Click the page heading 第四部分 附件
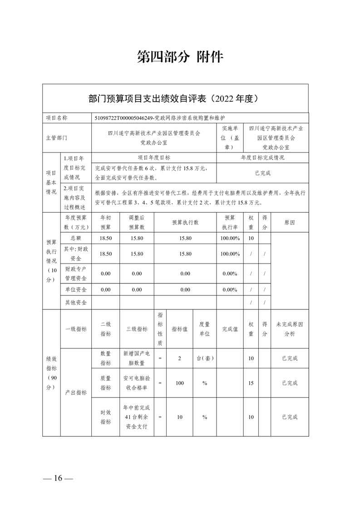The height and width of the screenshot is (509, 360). pyautogui.click(x=180, y=57)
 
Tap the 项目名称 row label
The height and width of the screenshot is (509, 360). pyautogui.click(x=57, y=117)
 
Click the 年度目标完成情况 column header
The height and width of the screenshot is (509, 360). pyautogui.click(x=262, y=158)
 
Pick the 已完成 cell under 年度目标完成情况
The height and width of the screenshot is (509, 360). pyautogui.click(x=262, y=173)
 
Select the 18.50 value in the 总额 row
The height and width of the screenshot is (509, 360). pyautogui.click(x=105, y=238)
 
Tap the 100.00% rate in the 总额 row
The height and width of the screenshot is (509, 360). pyautogui.click(x=230, y=238)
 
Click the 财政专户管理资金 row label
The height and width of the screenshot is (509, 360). pyautogui.click(x=76, y=274)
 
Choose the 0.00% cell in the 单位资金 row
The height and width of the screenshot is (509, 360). pyautogui.click(x=230, y=289)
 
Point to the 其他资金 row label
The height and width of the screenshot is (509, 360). pyautogui.click(x=76, y=302)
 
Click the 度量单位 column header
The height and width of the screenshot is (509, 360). pyautogui.click(x=205, y=329)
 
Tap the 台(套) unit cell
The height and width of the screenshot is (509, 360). pyautogui.click(x=205, y=358)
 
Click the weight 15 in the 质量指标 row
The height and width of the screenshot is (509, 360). pyautogui.click(x=251, y=383)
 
